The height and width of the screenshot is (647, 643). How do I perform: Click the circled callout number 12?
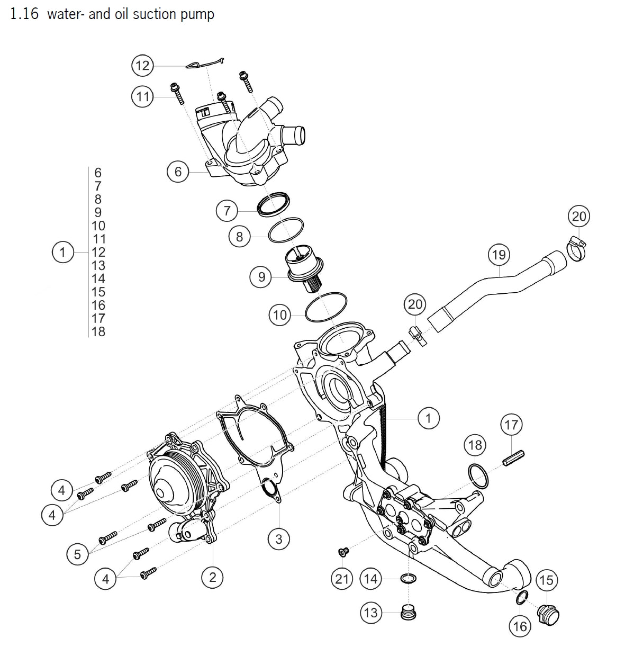pos(142,66)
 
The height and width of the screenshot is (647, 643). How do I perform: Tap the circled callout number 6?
pos(178,172)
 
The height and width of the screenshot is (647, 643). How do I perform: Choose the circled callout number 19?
pos(499,255)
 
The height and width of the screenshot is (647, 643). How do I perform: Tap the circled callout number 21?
pos(342,579)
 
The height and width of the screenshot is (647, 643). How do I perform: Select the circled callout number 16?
pos(520,626)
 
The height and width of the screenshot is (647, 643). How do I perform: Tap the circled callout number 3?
pos(279,539)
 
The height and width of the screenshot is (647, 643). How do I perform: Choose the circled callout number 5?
pos(78,554)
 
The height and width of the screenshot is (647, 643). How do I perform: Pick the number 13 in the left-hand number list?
pos(98,265)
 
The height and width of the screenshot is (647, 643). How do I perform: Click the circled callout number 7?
pos(227,210)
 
